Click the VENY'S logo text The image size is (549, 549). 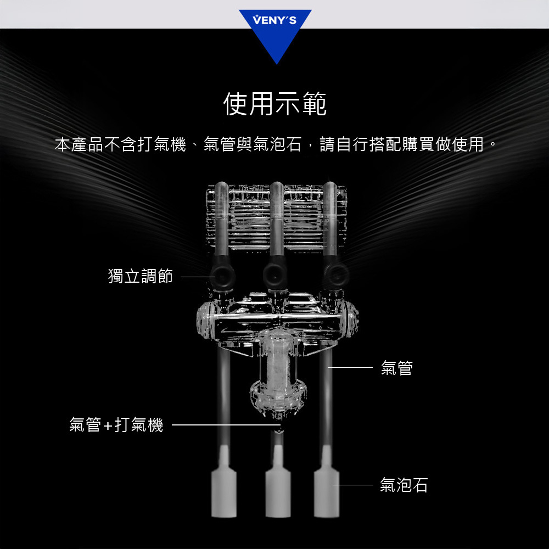(x=275, y=20)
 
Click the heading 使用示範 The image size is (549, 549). (x=275, y=104)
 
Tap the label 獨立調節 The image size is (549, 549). (x=141, y=276)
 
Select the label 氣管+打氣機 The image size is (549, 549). (x=116, y=425)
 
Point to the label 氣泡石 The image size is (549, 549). (x=404, y=485)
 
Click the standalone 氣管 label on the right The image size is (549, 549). (x=397, y=368)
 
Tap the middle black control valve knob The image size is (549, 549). (x=276, y=275)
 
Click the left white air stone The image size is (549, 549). (x=224, y=489)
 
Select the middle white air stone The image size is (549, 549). (x=278, y=489)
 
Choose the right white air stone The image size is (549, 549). (x=326, y=489)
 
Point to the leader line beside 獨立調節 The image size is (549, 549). (x=198, y=277)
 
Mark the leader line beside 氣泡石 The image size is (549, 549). (x=353, y=485)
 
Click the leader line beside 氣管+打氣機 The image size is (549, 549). (x=226, y=425)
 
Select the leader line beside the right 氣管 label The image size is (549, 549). (x=350, y=368)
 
